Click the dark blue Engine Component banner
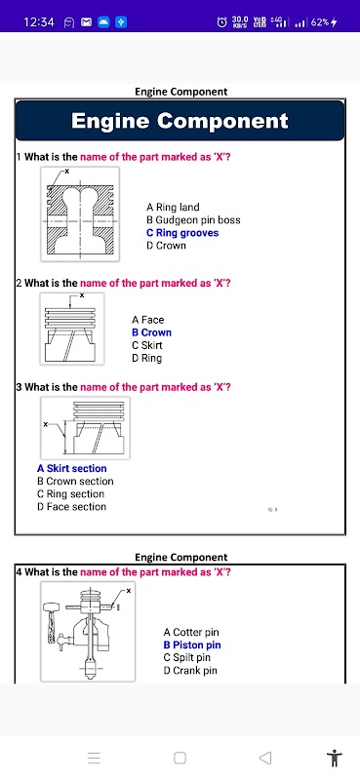click(180, 120)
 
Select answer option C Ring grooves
click(182, 233)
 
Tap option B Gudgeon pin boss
click(193, 220)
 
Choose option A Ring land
click(173, 207)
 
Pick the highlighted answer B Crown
click(151, 332)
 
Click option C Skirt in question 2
click(147, 345)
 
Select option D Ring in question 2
click(147, 358)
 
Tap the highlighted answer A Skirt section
click(71, 469)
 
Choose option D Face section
click(71, 507)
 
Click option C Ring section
click(70, 494)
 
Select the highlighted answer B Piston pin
click(192, 645)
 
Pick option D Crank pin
click(190, 671)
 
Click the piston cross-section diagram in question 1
click(80, 214)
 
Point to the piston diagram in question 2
click(72, 329)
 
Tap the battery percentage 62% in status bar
click(320, 21)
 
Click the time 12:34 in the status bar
click(39, 21)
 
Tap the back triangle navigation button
click(265, 758)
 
